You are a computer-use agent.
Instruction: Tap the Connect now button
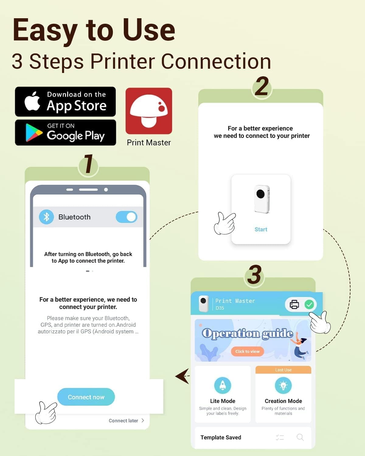click(x=86, y=397)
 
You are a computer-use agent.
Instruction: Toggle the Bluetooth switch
click(x=127, y=217)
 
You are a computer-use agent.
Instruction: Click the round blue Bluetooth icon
click(x=46, y=217)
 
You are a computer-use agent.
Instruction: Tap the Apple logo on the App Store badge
click(x=32, y=101)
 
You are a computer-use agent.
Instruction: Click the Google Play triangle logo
click(x=33, y=133)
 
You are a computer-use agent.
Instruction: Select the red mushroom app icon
click(x=149, y=111)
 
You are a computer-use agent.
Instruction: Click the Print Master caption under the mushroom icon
click(x=149, y=143)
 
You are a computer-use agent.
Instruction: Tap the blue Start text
click(x=261, y=230)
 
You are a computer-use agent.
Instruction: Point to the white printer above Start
click(x=262, y=199)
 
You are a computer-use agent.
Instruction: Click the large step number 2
click(x=262, y=86)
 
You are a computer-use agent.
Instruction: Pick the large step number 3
click(x=254, y=275)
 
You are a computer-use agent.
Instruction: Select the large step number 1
click(x=89, y=163)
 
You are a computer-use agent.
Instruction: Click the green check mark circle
click(x=309, y=305)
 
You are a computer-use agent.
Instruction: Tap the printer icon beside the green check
click(x=294, y=305)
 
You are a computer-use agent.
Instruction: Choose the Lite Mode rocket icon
click(x=222, y=385)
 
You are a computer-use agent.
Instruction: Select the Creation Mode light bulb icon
click(x=283, y=385)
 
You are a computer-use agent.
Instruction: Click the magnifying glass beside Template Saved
click(x=300, y=437)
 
